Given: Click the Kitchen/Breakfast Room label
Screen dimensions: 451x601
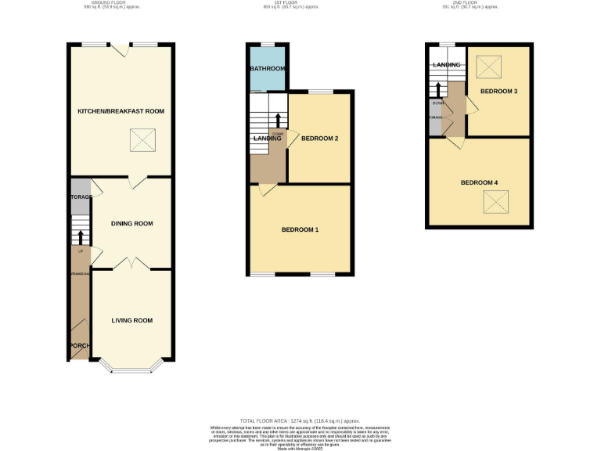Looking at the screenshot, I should (121, 111).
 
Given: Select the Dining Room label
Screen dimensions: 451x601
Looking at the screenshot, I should (131, 224).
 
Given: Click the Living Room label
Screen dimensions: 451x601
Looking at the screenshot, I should (131, 320).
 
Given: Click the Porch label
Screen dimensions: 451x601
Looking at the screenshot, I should (79, 346).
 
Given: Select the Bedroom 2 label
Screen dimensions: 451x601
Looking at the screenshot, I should (319, 139).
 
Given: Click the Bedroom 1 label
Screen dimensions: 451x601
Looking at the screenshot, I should (300, 230).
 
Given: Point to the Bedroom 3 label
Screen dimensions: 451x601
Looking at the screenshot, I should (499, 92).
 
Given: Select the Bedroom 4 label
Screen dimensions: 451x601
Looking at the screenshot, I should (479, 182).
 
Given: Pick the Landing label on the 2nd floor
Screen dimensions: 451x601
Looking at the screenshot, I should (446, 65).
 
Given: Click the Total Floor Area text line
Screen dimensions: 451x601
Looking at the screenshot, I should (300, 422).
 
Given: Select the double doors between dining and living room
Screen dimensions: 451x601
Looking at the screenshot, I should (131, 263).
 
